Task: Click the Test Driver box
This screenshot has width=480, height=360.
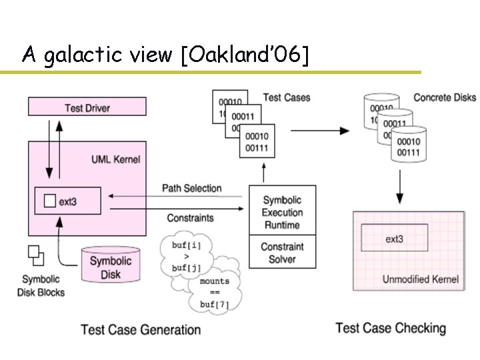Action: (x=87, y=107)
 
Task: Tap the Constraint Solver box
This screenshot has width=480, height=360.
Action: (x=282, y=252)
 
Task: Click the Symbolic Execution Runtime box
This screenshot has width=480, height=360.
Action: (x=282, y=212)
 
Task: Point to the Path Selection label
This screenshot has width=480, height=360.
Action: (x=191, y=188)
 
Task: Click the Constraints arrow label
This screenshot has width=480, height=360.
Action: (x=190, y=218)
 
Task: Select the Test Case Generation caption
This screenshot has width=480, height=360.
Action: (x=141, y=329)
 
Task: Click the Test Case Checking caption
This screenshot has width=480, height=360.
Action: (x=391, y=328)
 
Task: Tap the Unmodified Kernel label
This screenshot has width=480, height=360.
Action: (x=420, y=279)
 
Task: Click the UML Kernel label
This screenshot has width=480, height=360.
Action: (x=115, y=159)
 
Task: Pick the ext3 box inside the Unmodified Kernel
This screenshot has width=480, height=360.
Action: (x=395, y=238)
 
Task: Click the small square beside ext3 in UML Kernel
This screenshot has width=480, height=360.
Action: (x=49, y=201)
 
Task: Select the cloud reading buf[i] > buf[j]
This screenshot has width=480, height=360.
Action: (x=187, y=257)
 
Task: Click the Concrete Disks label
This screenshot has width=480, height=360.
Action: (x=445, y=97)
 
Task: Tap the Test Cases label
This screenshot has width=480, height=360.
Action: (x=286, y=97)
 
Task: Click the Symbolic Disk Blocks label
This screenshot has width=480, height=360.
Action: (x=41, y=285)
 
